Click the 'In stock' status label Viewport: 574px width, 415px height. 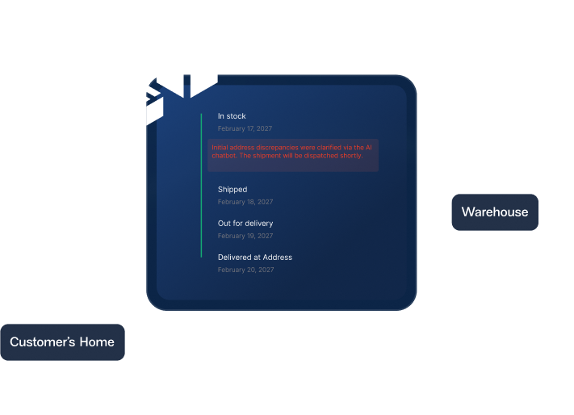(232, 116)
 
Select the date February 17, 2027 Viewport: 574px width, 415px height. (245, 128)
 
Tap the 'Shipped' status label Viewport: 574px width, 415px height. (233, 190)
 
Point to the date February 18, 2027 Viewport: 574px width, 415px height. (245, 202)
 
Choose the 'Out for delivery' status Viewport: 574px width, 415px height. (245, 223)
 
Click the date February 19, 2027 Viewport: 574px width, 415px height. (245, 236)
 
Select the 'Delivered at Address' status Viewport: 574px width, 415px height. (254, 258)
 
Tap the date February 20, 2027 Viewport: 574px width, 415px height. (245, 270)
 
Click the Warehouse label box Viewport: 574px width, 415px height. (495, 212)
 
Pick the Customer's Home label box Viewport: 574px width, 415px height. (62, 342)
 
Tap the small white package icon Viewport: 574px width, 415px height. (144, 104)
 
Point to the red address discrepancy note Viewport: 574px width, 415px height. (292, 152)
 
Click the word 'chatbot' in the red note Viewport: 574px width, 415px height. (224, 156)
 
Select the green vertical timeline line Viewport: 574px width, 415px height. (201, 186)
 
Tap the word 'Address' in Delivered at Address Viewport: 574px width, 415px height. (277, 258)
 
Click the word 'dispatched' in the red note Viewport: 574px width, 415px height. (328, 156)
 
